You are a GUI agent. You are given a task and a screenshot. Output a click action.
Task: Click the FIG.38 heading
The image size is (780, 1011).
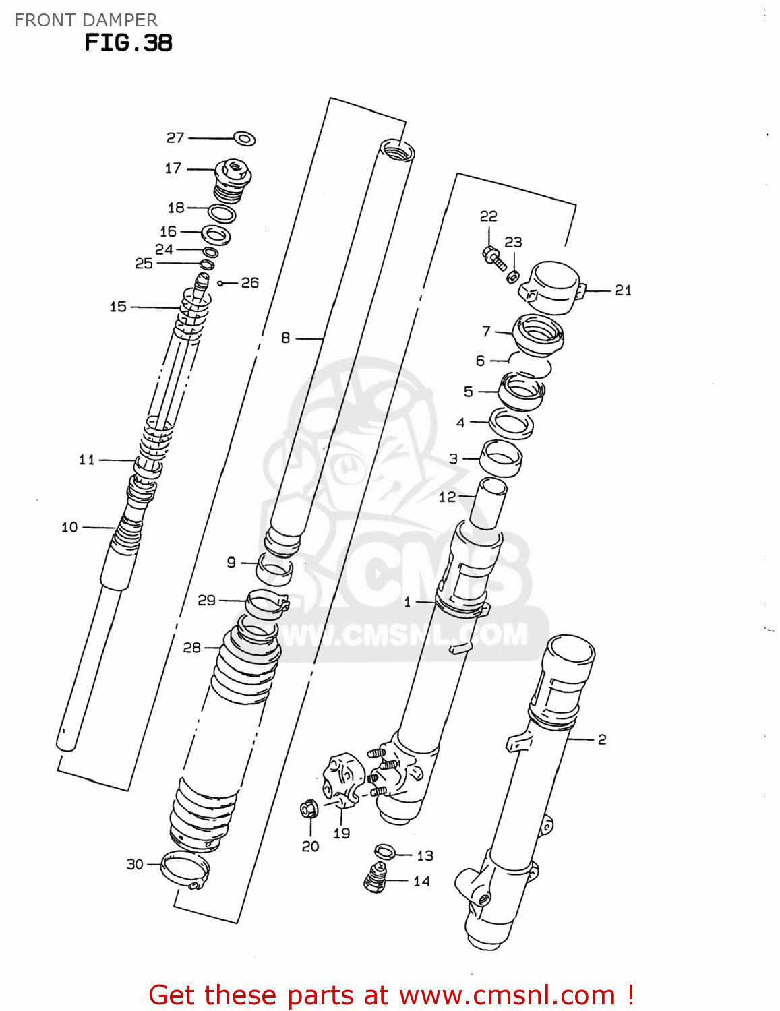(x=128, y=43)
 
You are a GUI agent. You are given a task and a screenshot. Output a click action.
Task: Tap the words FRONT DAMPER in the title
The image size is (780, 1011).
(x=86, y=20)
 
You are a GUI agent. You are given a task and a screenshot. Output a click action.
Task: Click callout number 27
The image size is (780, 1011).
(x=175, y=137)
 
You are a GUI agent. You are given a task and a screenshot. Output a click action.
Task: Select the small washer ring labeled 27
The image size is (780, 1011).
(x=245, y=139)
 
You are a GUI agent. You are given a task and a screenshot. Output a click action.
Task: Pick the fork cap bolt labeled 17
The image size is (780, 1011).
(x=233, y=179)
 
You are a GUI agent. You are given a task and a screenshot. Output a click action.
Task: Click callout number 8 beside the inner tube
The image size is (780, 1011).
(x=285, y=338)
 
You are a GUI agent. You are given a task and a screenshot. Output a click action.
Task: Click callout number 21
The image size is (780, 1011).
(x=623, y=290)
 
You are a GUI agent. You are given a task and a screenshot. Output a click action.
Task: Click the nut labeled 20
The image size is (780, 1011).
(x=309, y=807)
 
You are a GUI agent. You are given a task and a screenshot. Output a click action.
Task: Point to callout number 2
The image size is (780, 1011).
(x=601, y=739)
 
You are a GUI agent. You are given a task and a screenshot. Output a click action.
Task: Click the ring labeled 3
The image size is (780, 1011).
(x=501, y=458)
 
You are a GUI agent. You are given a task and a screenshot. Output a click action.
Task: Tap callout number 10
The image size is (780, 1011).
(x=69, y=527)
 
